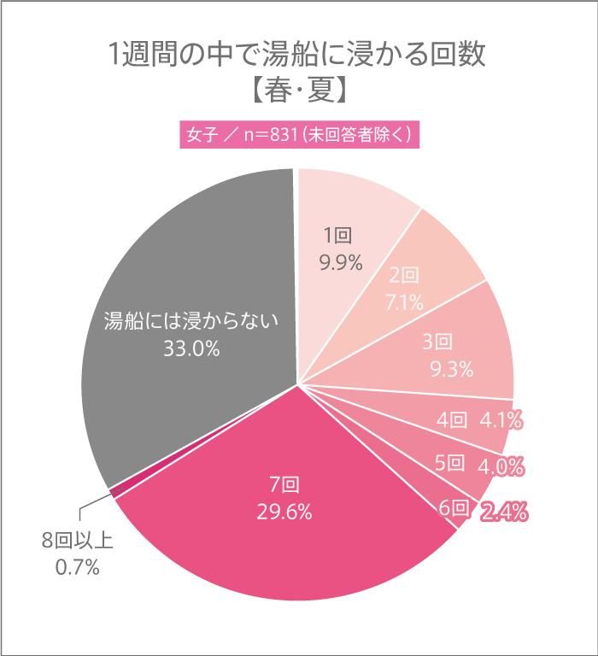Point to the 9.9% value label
point(341,262)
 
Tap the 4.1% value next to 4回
point(502,420)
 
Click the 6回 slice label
point(454,508)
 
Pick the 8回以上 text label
point(78,541)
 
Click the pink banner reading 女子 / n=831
point(298,136)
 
